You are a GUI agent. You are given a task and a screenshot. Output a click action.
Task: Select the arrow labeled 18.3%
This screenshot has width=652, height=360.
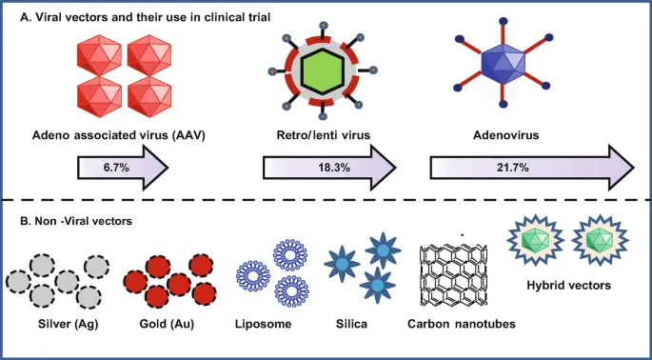point(327,169)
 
